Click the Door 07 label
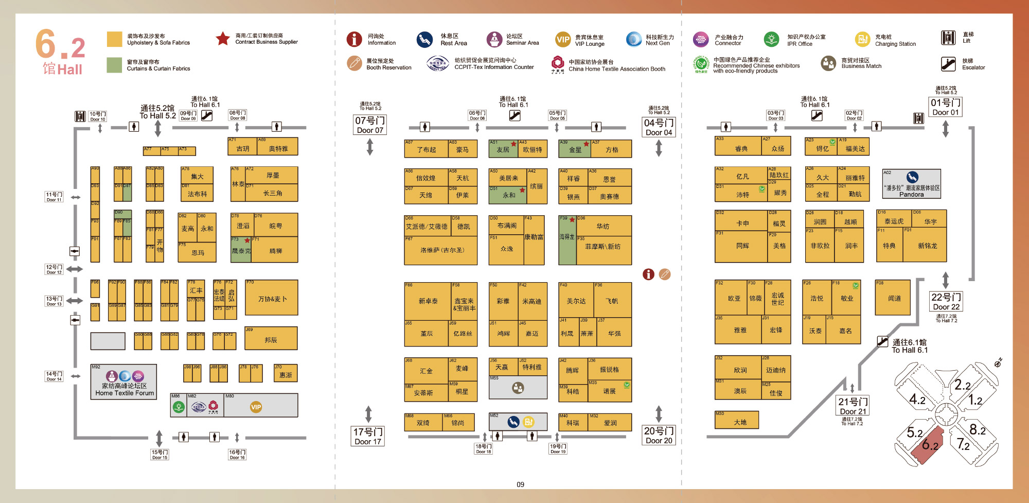click(370, 125)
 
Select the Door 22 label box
click(946, 302)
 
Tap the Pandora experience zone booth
click(912, 184)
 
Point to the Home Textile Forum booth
click(124, 382)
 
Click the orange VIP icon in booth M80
click(256, 407)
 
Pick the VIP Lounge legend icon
click(563, 40)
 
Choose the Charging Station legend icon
click(862, 40)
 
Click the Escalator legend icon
click(948, 64)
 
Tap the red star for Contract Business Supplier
click(223, 39)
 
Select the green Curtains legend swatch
click(114, 65)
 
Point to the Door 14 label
click(54, 376)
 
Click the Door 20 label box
click(659, 436)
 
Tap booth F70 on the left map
click(271, 298)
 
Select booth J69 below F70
click(271, 338)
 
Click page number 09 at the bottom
click(521, 484)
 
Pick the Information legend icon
click(354, 39)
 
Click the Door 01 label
click(945, 107)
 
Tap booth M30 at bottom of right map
click(737, 420)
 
